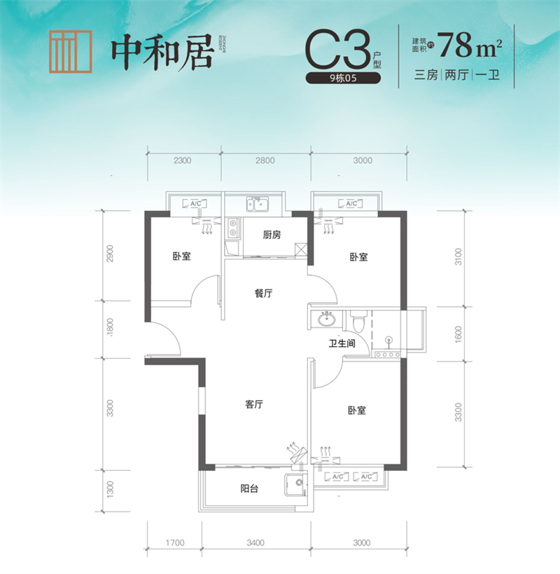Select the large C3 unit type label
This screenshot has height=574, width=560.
point(337,48)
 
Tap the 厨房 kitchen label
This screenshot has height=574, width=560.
point(272,235)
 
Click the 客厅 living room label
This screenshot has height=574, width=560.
point(254,404)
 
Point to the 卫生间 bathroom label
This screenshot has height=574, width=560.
point(343,344)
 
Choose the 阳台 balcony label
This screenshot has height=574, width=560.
point(248,488)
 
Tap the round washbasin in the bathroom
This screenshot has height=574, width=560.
point(325,320)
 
